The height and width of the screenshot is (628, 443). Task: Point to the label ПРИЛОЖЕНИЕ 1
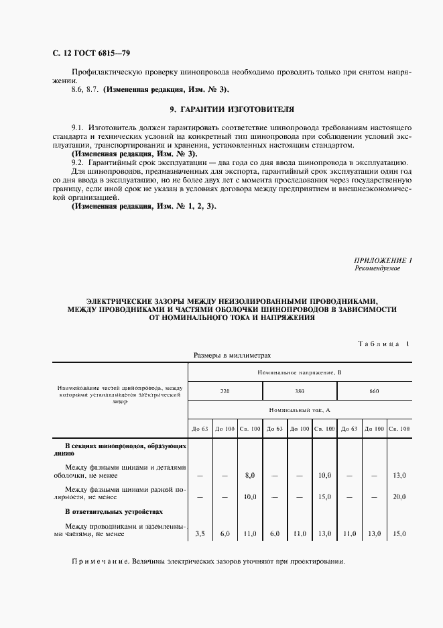pyautogui.click(x=383, y=260)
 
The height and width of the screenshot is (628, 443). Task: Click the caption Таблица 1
pyautogui.click(x=383, y=344)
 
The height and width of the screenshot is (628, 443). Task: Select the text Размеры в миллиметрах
pyautogui.click(x=232, y=356)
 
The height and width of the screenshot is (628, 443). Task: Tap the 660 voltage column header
pyautogui.click(x=373, y=390)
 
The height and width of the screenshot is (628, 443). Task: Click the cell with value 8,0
pyautogui.click(x=250, y=475)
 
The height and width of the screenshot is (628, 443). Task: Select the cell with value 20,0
pyautogui.click(x=400, y=497)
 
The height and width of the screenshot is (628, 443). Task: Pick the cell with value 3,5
pyautogui.click(x=200, y=534)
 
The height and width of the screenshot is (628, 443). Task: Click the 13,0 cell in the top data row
pyautogui.click(x=400, y=475)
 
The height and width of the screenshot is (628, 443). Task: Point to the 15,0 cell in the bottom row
pyautogui.click(x=400, y=534)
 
